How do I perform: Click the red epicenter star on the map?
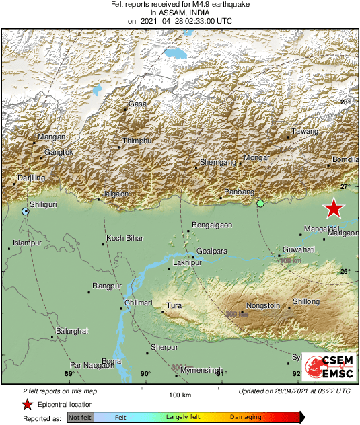334,208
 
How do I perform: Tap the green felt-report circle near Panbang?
260,203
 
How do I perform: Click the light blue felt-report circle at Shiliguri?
26,211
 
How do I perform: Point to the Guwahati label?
299,249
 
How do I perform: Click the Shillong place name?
306,302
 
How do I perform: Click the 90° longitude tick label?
145,374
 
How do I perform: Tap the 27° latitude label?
345,186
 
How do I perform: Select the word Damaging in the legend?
246,418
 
